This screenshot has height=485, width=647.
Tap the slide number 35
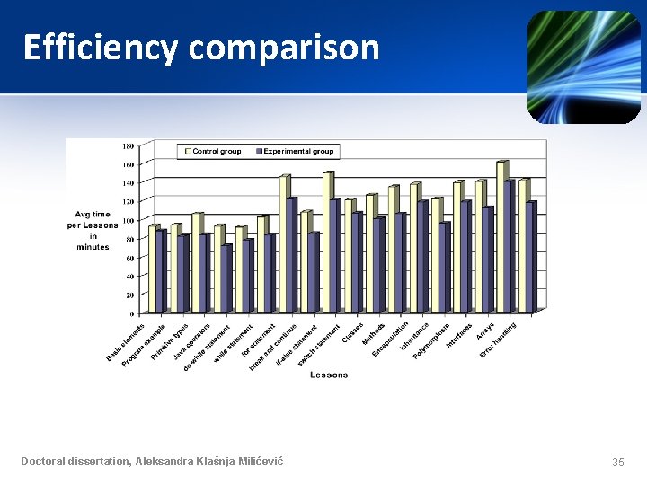[x=617, y=462]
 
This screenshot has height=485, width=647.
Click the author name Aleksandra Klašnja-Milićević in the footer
[x=208, y=461]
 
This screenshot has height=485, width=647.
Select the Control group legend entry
[x=214, y=151]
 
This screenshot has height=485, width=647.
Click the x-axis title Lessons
[x=329, y=375]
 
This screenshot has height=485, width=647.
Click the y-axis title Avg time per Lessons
[x=93, y=230]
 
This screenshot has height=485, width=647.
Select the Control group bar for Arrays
[x=501, y=237]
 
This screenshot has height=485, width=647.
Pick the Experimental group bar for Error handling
[x=530, y=257]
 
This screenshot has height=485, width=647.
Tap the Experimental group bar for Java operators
[x=204, y=273]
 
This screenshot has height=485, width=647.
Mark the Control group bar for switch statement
[x=327, y=242]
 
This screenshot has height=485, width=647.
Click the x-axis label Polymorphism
[x=432, y=341]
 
